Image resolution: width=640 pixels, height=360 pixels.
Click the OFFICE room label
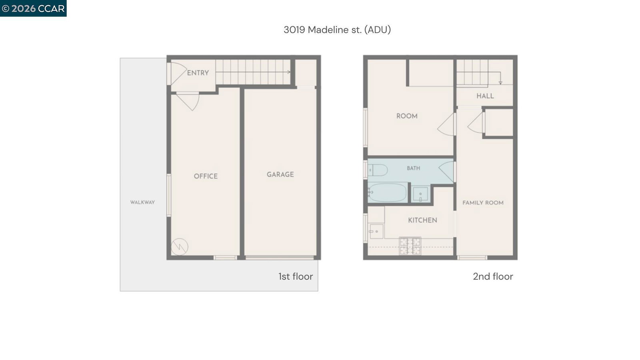(206, 176)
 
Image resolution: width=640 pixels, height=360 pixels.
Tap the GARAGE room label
(280, 174)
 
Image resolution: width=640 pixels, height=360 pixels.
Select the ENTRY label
(198, 73)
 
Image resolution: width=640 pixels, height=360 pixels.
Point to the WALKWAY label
(142, 202)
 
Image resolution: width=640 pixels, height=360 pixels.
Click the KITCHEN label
(422, 220)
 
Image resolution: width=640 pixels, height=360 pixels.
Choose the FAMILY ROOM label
(483, 203)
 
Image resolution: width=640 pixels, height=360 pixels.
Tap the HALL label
(485, 96)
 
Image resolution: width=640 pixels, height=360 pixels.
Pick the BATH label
(414, 168)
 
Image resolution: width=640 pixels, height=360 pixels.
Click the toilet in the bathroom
(378, 170)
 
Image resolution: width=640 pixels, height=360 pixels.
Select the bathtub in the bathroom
(387, 192)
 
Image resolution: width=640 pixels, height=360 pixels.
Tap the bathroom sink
(420, 194)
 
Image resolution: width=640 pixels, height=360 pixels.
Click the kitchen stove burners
(410, 246)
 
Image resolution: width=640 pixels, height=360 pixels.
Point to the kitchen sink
(376, 231)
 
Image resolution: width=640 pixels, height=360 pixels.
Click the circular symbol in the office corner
(180, 246)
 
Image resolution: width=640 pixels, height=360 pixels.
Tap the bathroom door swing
(446, 172)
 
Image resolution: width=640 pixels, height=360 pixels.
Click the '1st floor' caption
(296, 276)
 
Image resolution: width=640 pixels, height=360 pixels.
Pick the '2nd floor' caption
(493, 276)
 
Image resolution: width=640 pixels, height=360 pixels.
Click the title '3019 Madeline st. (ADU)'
(337, 30)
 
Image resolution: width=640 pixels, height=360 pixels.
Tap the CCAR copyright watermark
(33, 8)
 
